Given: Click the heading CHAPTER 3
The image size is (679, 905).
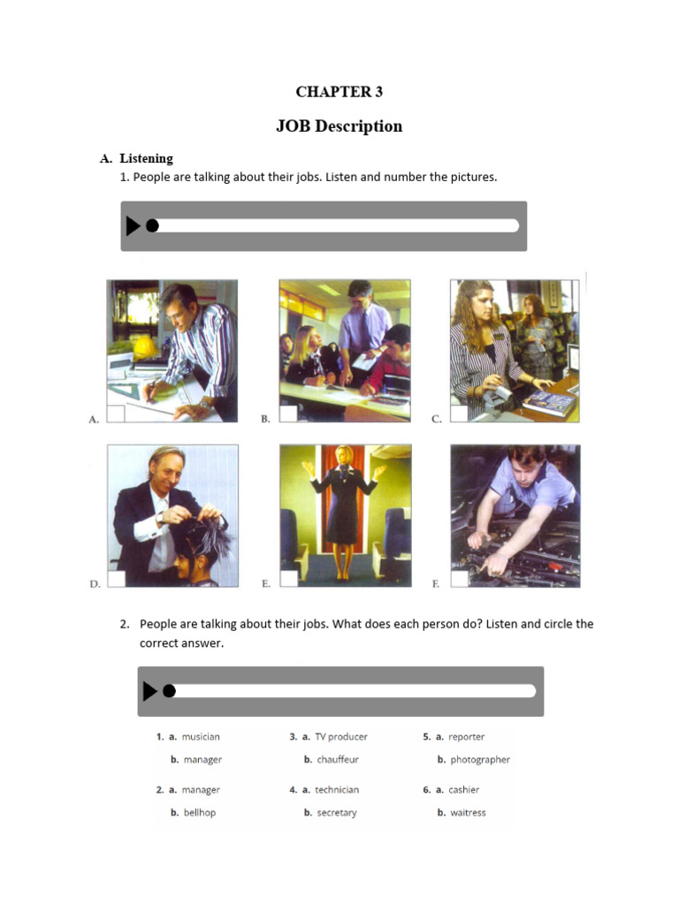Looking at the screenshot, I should pyautogui.click(x=339, y=92).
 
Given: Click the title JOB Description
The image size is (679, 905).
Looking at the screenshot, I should pyautogui.click(x=339, y=126).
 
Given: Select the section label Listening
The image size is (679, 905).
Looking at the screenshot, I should pyautogui.click(x=146, y=159).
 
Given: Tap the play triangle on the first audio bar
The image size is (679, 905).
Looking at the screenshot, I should pyautogui.click(x=133, y=226).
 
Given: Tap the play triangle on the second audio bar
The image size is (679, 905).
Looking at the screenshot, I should pyautogui.click(x=149, y=691).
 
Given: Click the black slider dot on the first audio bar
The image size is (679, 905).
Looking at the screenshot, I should pyautogui.click(x=152, y=226).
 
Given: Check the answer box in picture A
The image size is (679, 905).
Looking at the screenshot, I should pyautogui.click(x=116, y=413).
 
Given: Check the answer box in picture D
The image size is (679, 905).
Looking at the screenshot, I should pyautogui.click(x=116, y=578).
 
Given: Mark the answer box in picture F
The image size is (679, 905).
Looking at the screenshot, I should pyautogui.click(x=459, y=578).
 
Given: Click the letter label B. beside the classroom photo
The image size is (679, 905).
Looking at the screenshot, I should pyautogui.click(x=265, y=419).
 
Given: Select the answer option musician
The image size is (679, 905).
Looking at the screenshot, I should pyautogui.click(x=201, y=737).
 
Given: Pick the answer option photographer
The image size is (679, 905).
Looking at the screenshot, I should pyautogui.click(x=480, y=760).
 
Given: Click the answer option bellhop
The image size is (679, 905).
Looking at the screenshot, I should pyautogui.click(x=199, y=813).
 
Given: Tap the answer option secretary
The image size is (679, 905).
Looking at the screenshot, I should pyautogui.click(x=337, y=813).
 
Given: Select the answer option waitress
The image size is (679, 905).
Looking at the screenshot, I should pyautogui.click(x=468, y=813).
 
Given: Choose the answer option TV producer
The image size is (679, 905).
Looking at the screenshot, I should pyautogui.click(x=340, y=737).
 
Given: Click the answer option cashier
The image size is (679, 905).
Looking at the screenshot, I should pyautogui.click(x=464, y=790).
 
